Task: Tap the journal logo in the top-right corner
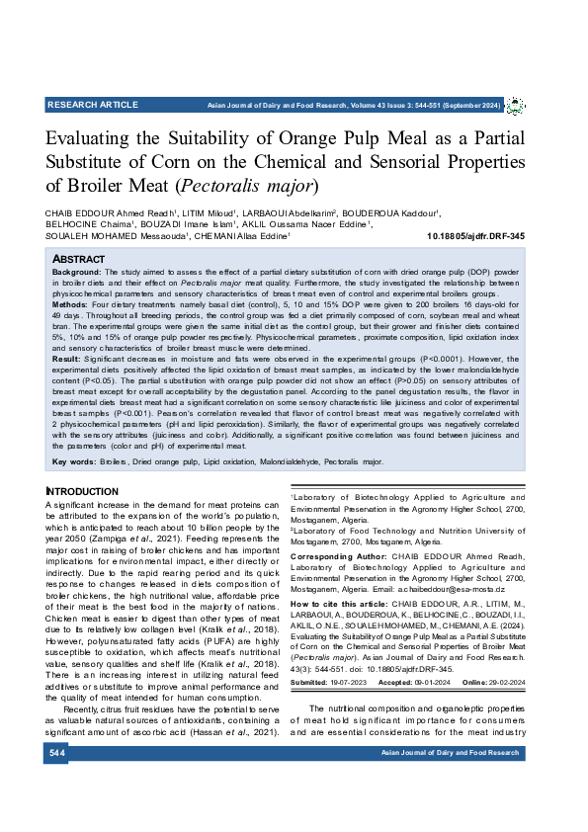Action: [515, 105]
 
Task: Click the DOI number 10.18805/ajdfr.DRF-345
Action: [474, 236]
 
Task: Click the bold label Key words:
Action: [74, 461]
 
